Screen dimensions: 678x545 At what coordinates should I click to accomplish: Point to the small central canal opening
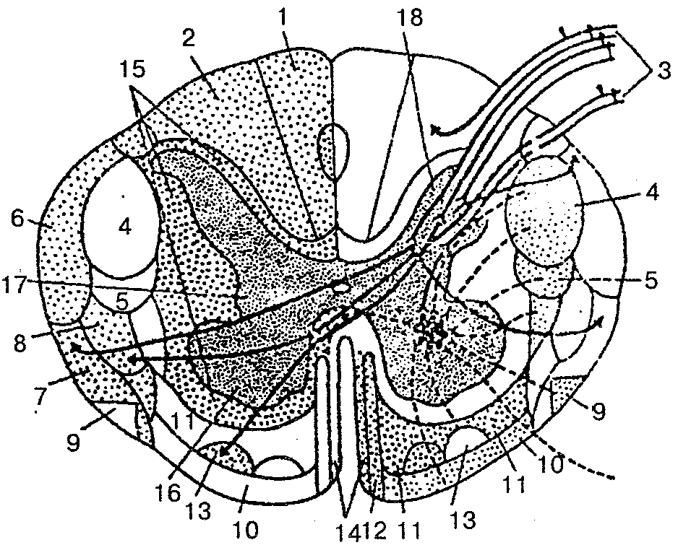(x=340, y=287)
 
